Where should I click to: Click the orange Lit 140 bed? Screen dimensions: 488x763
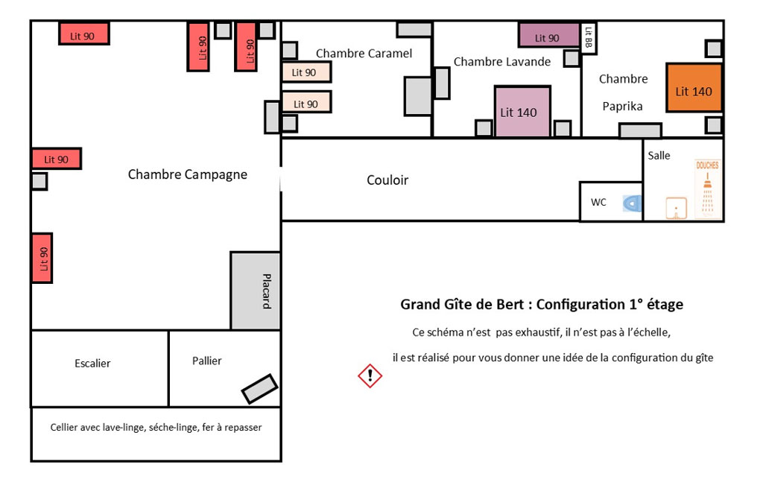(694, 88)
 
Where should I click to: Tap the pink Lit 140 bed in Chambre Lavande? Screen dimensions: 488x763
(522, 112)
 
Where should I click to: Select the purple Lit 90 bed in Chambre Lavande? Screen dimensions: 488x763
(548, 34)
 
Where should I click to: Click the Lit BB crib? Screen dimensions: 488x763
(589, 37)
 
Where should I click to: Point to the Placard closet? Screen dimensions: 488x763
(256, 291)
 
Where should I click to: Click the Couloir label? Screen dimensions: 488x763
(387, 180)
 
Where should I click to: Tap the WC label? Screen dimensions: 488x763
(598, 202)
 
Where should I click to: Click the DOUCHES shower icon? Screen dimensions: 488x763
(707, 190)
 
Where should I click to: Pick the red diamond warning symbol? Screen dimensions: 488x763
(370, 375)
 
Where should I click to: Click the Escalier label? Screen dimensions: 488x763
(92, 364)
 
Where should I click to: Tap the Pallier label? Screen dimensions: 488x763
(207, 361)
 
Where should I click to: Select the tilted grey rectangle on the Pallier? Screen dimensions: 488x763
(259, 389)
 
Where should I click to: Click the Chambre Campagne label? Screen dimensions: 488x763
(187, 174)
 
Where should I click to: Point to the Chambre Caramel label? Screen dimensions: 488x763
(364, 54)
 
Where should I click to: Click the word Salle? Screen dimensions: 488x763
(659, 156)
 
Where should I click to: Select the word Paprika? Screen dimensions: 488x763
(622, 107)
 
